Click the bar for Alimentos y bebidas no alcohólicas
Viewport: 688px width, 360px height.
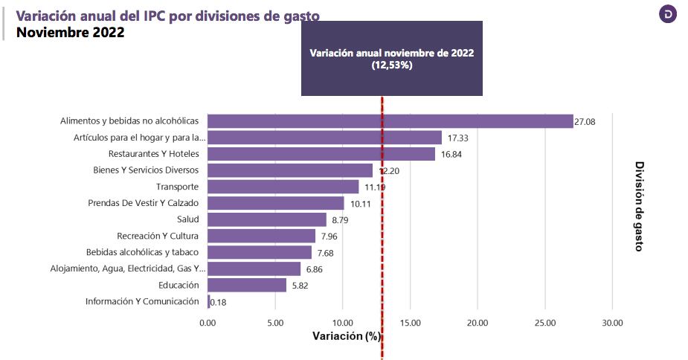pos(390,121)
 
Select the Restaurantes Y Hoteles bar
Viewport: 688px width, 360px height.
pos(321,154)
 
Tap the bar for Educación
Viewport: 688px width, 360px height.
pos(247,285)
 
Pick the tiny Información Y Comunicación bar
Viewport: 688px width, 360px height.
pos(209,301)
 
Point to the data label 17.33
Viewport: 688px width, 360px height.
pos(457,138)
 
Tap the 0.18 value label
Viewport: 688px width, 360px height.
pos(219,302)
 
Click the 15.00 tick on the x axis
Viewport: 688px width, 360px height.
pos(410,323)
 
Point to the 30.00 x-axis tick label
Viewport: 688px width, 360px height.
pos(612,323)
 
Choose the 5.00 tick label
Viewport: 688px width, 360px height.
pos(275,323)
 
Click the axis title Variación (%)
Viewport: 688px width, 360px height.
pos(346,336)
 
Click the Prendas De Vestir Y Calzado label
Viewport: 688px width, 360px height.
pos(144,203)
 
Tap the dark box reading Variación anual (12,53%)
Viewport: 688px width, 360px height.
pos(391,59)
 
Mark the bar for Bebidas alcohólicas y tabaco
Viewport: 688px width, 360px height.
pos(260,252)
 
